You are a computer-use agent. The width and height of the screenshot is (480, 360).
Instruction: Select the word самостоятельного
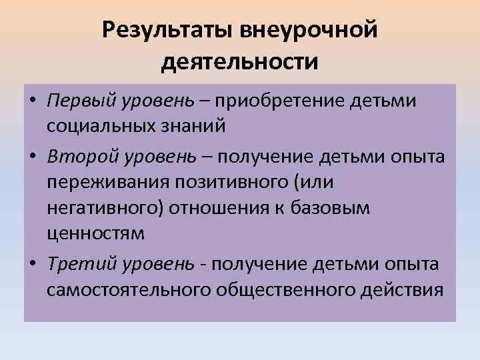[130, 291]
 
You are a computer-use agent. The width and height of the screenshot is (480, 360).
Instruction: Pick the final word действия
[407, 291]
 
